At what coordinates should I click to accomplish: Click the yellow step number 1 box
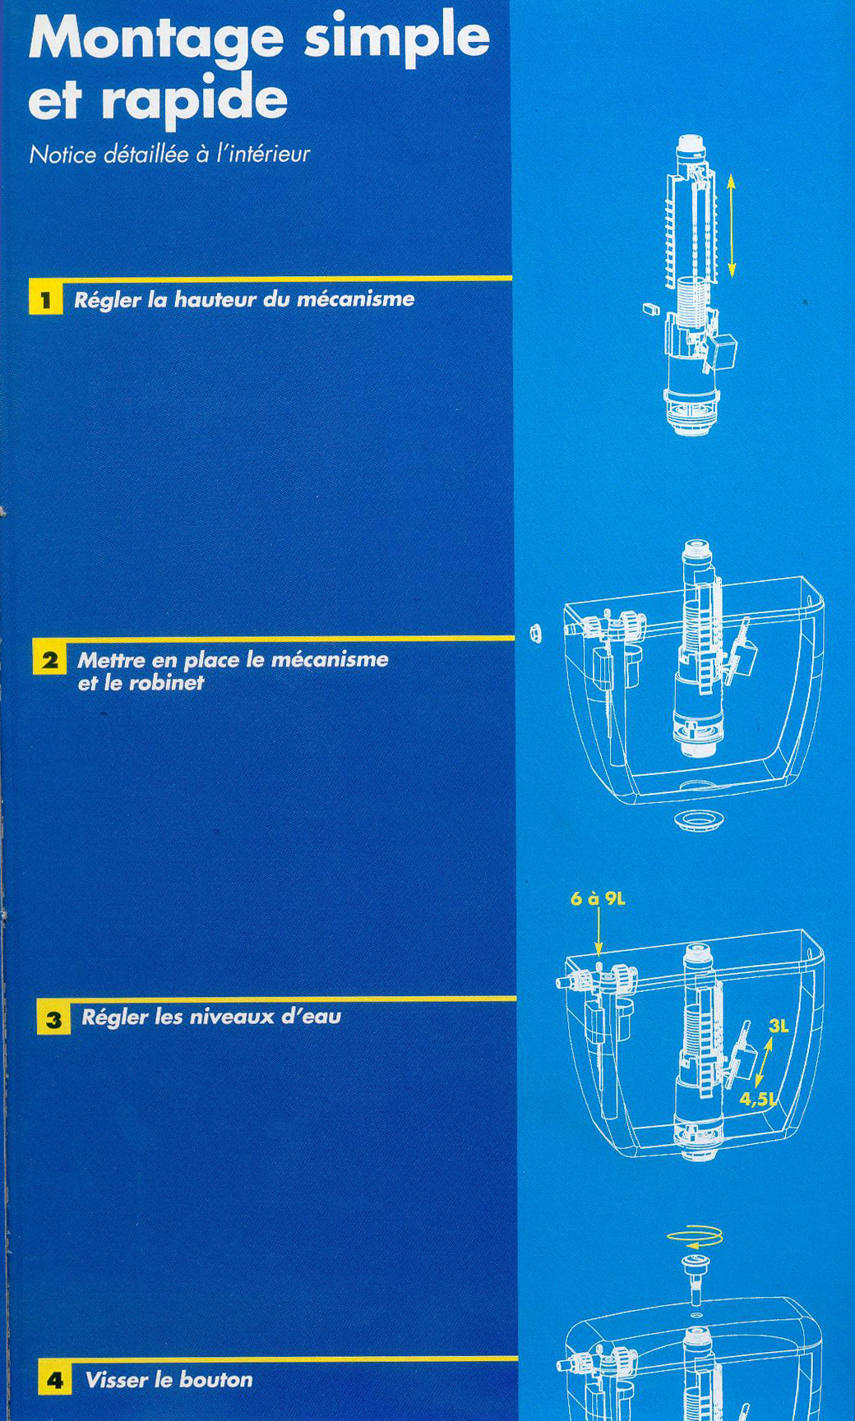pos(46,298)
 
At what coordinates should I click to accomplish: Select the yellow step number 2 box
pos(50,659)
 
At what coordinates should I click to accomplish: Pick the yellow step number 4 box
pos(55,1378)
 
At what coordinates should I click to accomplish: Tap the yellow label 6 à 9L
pos(598,898)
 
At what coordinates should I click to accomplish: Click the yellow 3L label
pos(779,1026)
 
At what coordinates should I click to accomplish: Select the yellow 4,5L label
pos(757,1099)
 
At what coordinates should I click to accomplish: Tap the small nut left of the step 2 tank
pos(535,634)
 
